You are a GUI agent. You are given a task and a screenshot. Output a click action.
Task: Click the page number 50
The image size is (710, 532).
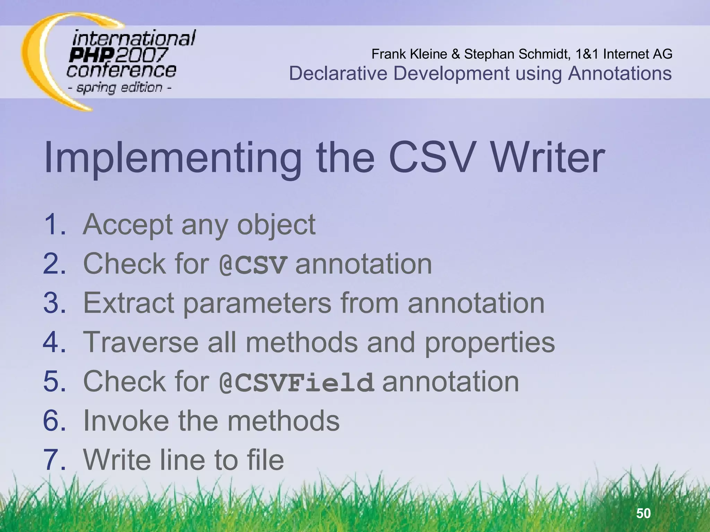[643, 513]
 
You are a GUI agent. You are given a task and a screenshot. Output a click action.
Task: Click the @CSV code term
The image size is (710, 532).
[253, 265]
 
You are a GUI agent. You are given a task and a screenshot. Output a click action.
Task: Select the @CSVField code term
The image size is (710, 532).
[297, 382]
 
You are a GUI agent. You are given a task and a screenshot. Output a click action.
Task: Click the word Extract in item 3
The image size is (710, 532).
[129, 303]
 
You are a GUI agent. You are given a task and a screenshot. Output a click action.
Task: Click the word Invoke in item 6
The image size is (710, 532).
[126, 420]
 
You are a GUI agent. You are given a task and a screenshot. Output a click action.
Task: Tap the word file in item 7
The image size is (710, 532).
[265, 460]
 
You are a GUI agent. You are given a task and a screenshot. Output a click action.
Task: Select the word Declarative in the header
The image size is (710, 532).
[338, 73]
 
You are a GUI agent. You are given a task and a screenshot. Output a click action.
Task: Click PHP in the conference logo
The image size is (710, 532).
[91, 55]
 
